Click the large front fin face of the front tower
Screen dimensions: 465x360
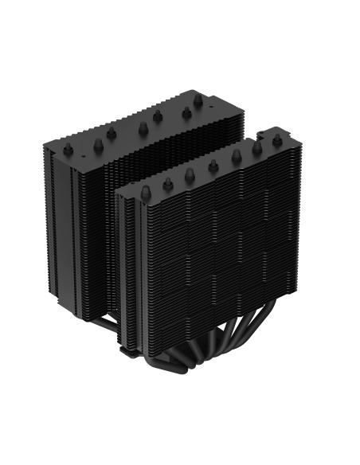(215, 255)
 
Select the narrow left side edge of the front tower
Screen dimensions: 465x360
(121, 263)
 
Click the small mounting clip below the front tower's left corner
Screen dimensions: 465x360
(125, 348)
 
